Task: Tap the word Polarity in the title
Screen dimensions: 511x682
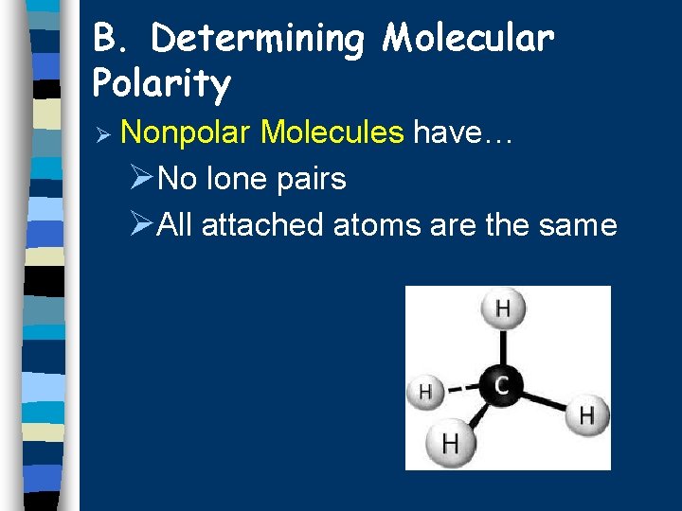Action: tap(161, 85)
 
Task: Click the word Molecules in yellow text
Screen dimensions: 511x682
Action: tap(332, 132)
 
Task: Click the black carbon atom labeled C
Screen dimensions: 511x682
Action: tap(502, 384)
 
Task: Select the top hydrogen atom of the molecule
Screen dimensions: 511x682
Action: tap(502, 308)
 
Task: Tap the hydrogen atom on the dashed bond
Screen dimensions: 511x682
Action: tap(425, 391)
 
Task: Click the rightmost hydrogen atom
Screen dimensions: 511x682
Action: tap(587, 414)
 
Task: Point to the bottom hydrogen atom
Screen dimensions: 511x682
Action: tap(451, 443)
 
